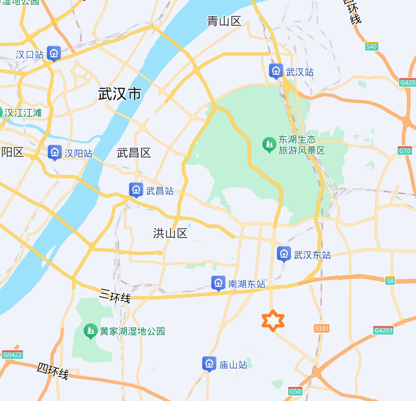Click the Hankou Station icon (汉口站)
point(54,54)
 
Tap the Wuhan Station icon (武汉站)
point(277,72)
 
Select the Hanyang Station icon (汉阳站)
point(54,153)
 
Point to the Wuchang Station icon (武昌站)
point(136,190)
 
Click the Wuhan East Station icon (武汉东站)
point(284,254)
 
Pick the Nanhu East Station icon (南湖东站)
point(218,284)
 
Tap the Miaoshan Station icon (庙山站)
point(209,364)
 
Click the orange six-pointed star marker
point(273,321)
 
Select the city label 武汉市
point(119,94)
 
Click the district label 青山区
point(224,21)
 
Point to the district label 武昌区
point(134,153)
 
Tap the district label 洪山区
point(170,233)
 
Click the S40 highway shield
point(372,46)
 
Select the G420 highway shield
point(407,83)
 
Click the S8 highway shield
point(389,281)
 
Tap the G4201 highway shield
point(383,330)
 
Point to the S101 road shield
point(322,329)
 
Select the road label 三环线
point(115,296)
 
